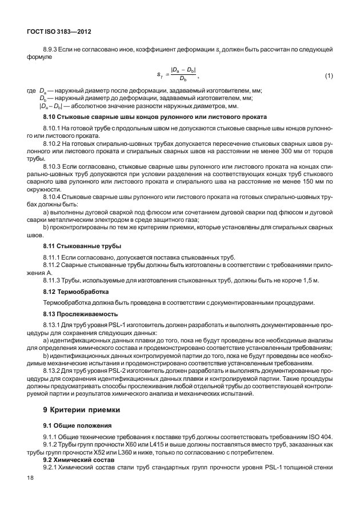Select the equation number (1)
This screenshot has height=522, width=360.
pyautogui.click(x=329, y=75)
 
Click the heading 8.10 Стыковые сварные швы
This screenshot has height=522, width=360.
pyautogui.click(x=141, y=117)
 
